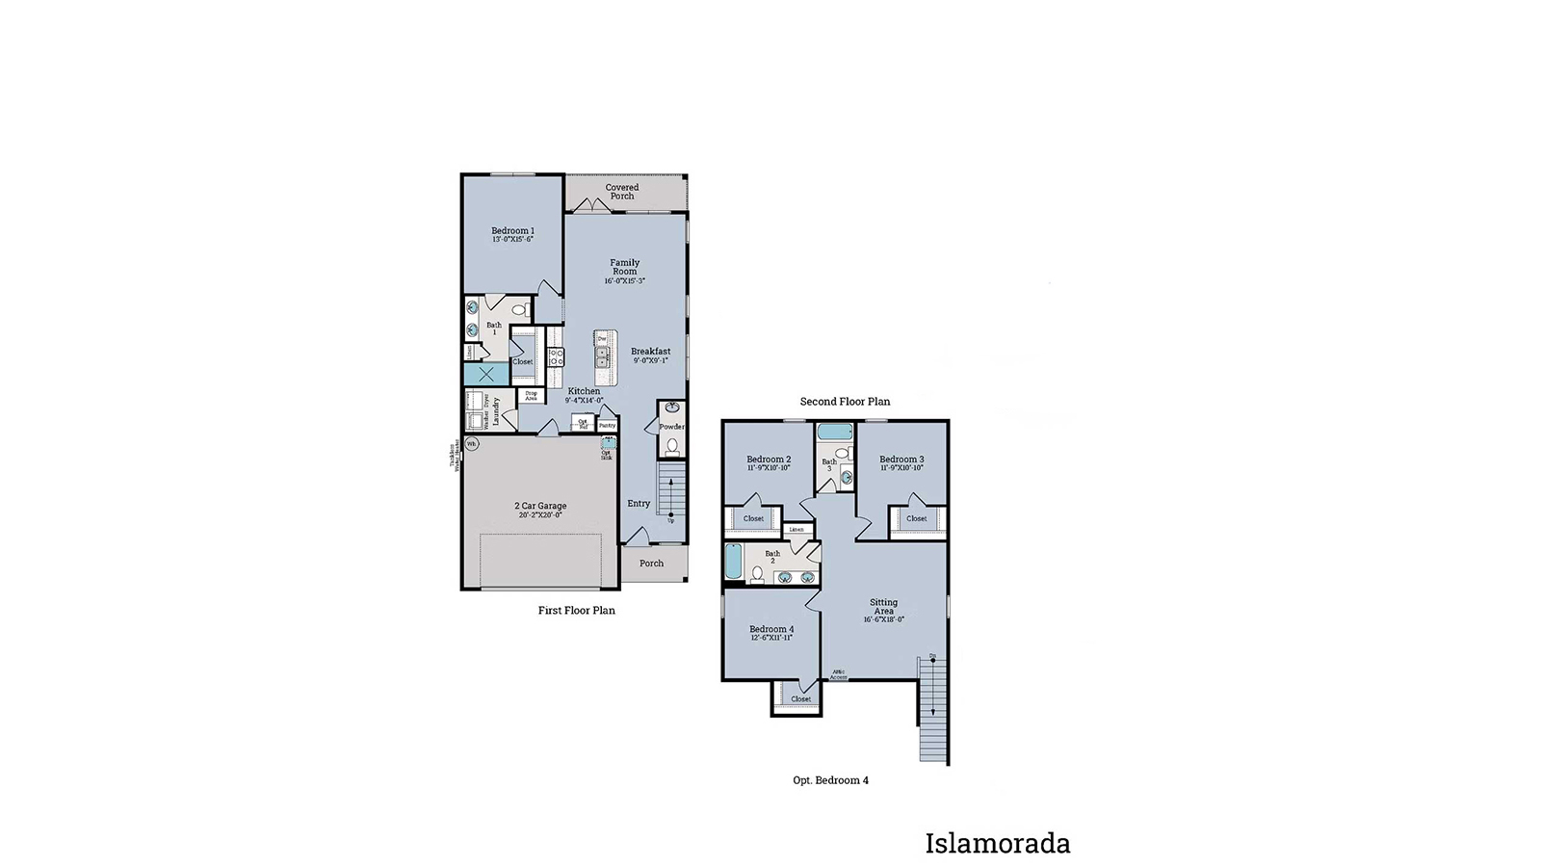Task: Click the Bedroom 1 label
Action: (512, 231)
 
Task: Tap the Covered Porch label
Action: (622, 192)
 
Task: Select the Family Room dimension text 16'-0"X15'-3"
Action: (624, 281)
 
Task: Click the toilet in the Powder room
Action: (672, 446)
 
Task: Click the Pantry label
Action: (607, 425)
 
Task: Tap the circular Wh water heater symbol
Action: (471, 444)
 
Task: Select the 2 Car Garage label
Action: (540, 506)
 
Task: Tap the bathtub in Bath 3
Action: (834, 433)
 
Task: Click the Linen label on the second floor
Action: (796, 530)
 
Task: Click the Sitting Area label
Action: (883, 607)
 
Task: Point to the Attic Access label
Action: (839, 674)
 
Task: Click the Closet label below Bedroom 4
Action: (800, 699)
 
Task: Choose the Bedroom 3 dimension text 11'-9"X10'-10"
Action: (901, 468)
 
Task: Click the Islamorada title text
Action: (997, 844)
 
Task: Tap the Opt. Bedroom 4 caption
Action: (830, 780)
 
